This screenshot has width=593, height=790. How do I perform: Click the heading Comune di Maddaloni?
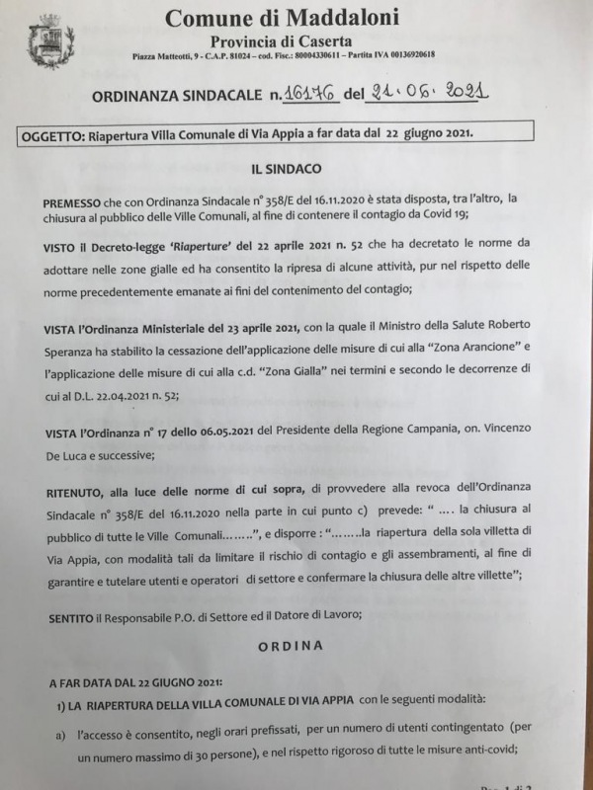pyautogui.click(x=284, y=17)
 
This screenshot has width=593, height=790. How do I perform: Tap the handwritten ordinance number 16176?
pyautogui.click(x=308, y=93)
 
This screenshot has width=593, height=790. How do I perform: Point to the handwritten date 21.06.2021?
pyautogui.click(x=427, y=92)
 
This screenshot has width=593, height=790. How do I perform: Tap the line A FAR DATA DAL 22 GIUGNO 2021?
pyautogui.click(x=135, y=681)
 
